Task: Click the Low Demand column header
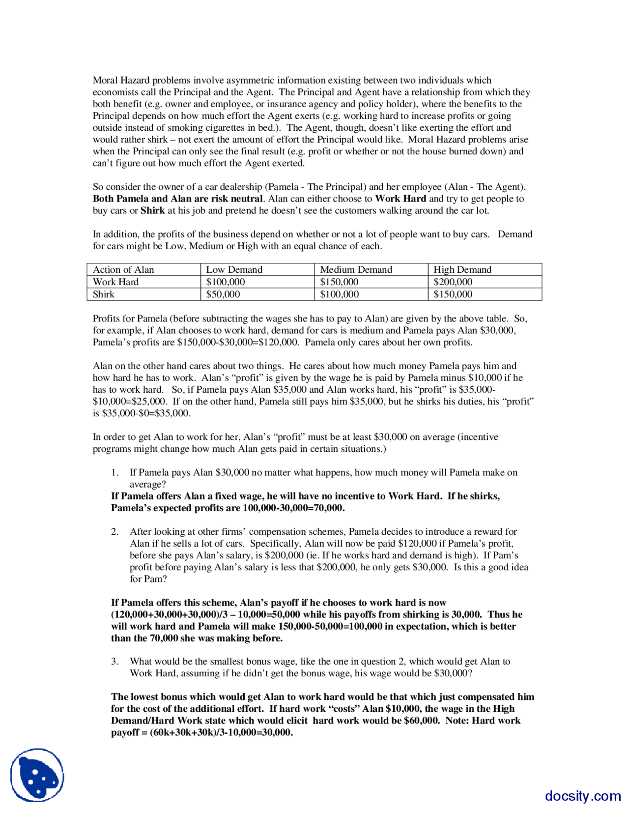point(234,269)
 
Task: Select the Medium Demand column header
point(356,269)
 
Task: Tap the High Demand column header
point(462,269)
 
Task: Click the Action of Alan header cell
point(123,269)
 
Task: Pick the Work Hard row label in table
point(116,282)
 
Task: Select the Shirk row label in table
point(104,294)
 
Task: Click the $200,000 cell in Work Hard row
point(453,282)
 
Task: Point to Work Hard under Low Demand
point(226,282)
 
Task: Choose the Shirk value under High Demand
point(453,294)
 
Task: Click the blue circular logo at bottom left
point(37,775)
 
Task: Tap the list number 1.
point(114,472)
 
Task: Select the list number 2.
point(114,531)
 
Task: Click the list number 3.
point(114,661)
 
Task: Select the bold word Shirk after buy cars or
point(153,210)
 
